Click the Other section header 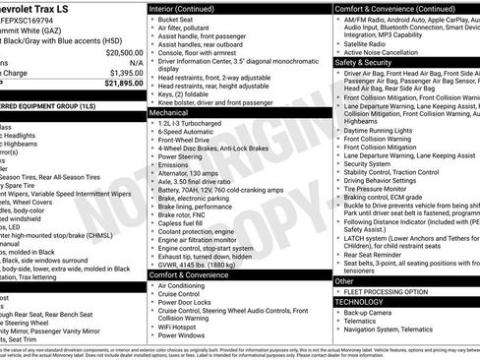click(x=344, y=281)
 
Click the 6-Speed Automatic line click(x=188, y=136)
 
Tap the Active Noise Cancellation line click(x=389, y=52)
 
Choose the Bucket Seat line click(x=177, y=19)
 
